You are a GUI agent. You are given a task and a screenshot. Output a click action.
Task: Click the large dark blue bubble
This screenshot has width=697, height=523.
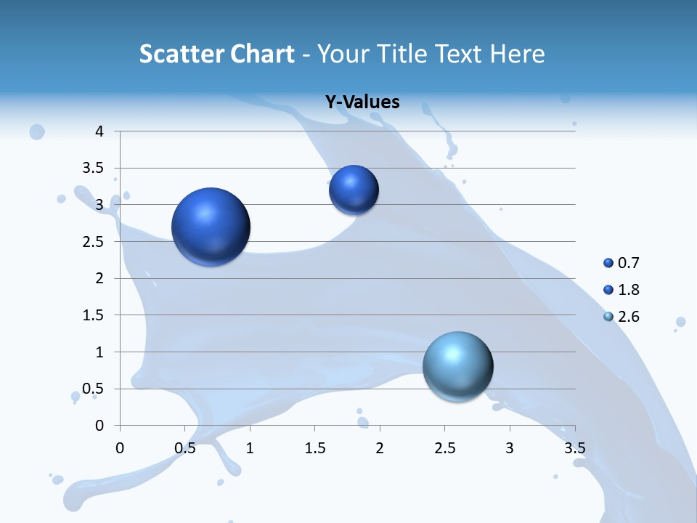(x=211, y=227)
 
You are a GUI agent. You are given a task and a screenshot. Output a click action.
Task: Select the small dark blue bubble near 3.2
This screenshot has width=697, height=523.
(x=354, y=190)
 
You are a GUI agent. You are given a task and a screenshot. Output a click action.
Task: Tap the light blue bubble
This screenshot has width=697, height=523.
(x=457, y=366)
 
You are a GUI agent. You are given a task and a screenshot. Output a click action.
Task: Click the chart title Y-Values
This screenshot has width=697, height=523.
(x=362, y=102)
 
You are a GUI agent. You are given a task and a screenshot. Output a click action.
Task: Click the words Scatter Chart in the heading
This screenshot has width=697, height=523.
(x=216, y=54)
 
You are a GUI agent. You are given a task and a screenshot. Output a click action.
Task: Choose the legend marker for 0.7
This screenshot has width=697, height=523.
(x=608, y=263)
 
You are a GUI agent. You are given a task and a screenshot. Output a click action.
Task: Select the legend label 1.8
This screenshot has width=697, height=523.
(x=629, y=290)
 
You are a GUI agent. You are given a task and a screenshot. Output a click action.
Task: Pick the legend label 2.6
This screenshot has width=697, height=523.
(x=629, y=317)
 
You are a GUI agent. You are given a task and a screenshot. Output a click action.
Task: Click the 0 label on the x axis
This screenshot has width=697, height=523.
(x=121, y=447)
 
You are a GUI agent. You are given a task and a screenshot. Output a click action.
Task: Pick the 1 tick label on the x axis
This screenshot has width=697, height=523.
(x=250, y=447)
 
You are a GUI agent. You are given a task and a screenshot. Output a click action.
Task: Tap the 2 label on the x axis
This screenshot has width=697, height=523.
(x=380, y=447)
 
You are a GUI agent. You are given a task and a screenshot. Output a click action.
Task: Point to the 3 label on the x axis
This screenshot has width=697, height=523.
(x=510, y=447)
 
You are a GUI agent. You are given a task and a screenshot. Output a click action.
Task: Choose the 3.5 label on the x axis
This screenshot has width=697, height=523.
(x=574, y=447)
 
